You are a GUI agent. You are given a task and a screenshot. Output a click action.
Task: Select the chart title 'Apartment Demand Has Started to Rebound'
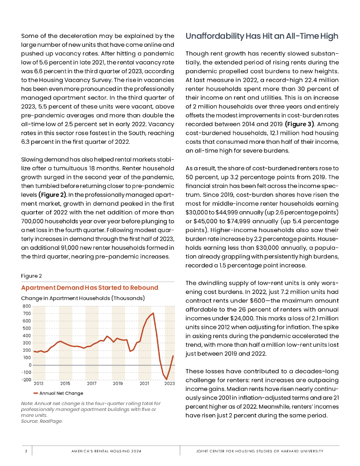pos(90,288)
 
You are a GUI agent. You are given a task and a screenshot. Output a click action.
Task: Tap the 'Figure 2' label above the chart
pos(31,275)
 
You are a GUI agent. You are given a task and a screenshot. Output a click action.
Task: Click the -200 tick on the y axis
pos(26,380)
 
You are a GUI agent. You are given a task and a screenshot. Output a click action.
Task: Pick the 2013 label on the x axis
pos(39,384)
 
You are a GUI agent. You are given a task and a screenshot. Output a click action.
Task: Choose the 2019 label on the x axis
pos(118,384)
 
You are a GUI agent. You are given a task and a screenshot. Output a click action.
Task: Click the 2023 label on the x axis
pos(170,384)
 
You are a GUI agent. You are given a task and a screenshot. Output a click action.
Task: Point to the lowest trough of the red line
pos(167,379)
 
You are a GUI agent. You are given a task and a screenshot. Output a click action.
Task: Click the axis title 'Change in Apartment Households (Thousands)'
pos(83,298)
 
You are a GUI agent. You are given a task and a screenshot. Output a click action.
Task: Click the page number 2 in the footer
pos(26,451)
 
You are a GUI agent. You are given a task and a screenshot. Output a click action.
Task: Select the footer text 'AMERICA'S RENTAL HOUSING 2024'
pos(106,451)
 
